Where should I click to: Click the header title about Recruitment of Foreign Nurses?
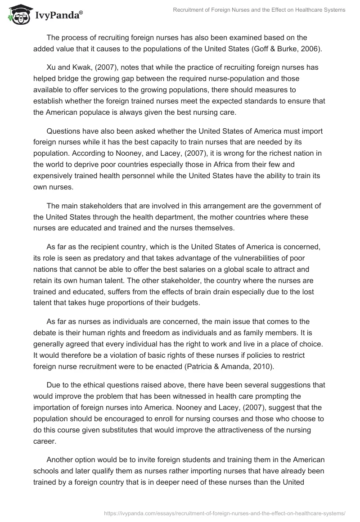(259, 9)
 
